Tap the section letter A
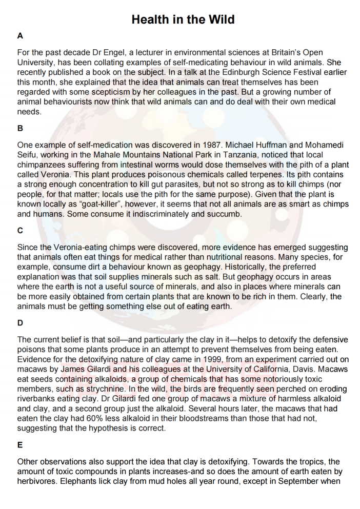point(20,36)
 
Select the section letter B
point(20,129)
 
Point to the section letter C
point(20,231)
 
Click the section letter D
point(20,323)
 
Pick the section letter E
point(20,445)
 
